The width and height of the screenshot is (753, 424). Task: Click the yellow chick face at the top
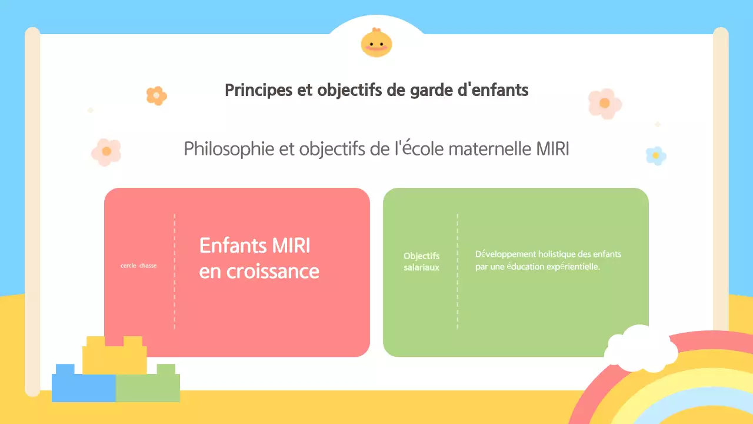coord(376,43)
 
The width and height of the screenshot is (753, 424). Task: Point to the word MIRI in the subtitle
coord(552,149)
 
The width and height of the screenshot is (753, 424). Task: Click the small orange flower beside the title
coord(156,95)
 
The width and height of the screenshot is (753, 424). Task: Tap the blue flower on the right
coord(655,155)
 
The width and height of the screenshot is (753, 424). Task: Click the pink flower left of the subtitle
coord(106,151)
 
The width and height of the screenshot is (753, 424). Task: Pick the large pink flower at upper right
coord(605,103)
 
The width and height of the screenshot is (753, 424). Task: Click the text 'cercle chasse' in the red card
coord(139,266)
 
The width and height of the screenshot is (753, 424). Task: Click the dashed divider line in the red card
coord(175,271)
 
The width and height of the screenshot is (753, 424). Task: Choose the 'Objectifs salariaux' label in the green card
coord(421,261)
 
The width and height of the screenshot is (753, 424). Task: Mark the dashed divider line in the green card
coord(457,271)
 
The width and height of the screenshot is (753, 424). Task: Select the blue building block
coord(83,386)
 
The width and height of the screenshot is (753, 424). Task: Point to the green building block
coord(148,386)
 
